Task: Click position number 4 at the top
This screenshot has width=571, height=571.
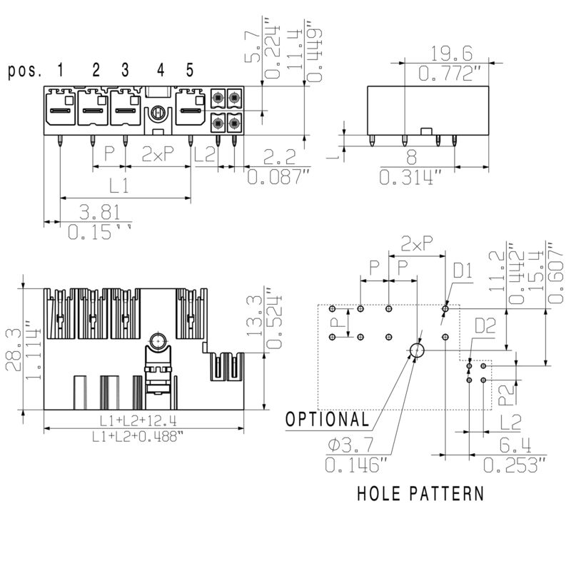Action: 161,70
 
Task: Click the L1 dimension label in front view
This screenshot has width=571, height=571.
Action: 118,186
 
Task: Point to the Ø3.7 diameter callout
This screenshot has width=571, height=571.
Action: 351,446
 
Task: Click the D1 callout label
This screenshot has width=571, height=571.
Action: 463,271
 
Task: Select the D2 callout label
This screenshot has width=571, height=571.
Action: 485,326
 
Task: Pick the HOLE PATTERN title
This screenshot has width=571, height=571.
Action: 420,493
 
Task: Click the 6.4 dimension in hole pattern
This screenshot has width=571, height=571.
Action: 515,446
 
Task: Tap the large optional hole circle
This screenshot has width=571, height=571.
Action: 417,350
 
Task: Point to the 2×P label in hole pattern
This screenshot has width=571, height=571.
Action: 417,243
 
